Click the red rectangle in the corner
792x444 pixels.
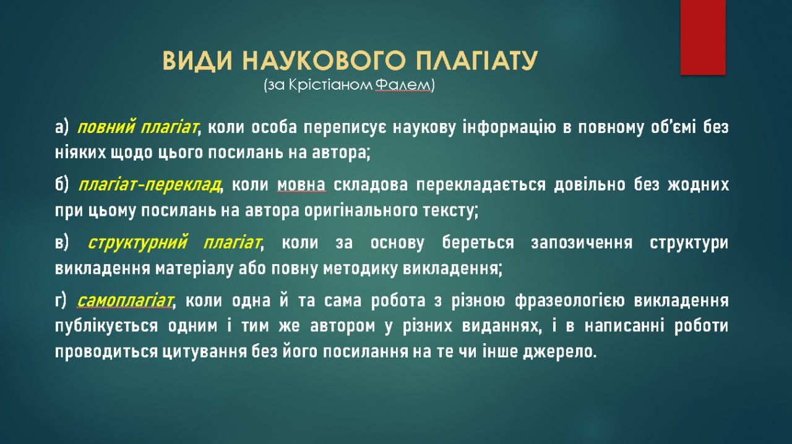703,37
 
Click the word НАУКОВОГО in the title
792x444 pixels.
324,61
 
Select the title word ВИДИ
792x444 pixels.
197,61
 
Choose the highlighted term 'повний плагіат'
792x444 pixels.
137,127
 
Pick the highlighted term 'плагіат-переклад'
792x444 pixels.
150,185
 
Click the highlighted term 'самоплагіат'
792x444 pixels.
126,301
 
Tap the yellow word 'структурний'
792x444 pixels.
137,243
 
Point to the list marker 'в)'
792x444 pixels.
62,243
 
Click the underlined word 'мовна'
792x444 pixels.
301,186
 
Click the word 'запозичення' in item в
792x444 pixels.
582,243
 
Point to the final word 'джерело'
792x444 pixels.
559,352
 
